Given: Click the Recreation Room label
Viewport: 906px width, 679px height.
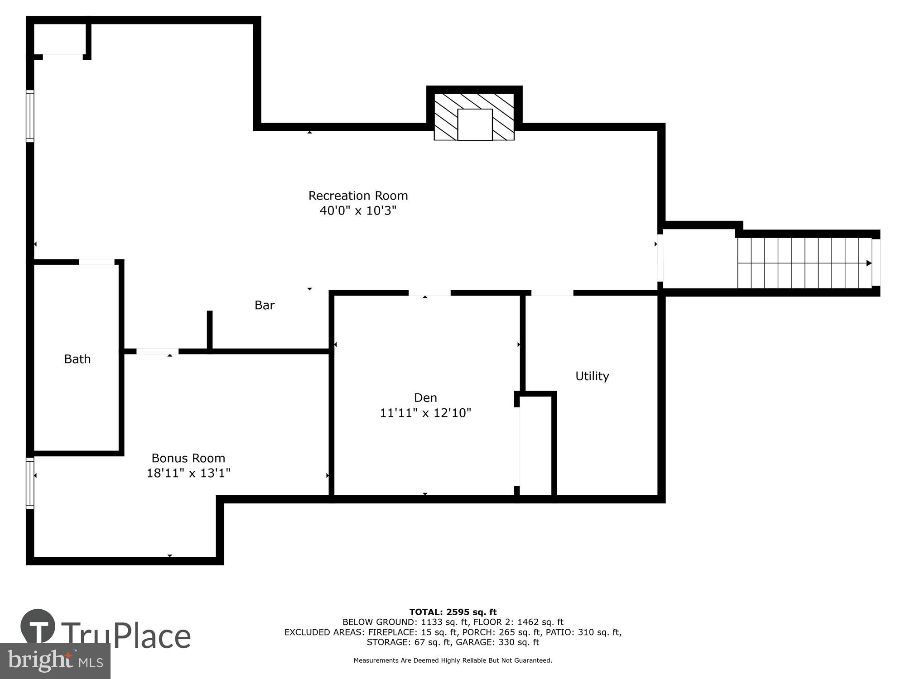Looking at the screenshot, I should pyautogui.click(x=358, y=196).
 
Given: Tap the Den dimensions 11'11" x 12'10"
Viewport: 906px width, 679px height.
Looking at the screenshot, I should pyautogui.click(x=425, y=413).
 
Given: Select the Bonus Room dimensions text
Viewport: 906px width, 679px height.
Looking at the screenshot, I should pyautogui.click(x=188, y=473).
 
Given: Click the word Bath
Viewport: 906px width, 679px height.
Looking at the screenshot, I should pyautogui.click(x=77, y=359).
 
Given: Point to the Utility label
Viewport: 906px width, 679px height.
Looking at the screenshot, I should pyautogui.click(x=592, y=376).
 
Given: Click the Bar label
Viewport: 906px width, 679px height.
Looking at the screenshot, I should pyautogui.click(x=265, y=305).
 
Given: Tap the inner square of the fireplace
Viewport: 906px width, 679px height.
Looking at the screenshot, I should pyautogui.click(x=475, y=124).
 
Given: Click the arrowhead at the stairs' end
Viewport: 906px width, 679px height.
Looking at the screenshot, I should pyautogui.click(x=868, y=263).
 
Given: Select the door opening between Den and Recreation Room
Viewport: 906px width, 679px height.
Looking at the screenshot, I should pyautogui.click(x=429, y=293).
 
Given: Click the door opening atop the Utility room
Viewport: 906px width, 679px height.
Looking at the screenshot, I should pyautogui.click(x=552, y=293).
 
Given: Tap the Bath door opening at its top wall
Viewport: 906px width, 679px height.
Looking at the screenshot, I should pyautogui.click(x=96, y=262).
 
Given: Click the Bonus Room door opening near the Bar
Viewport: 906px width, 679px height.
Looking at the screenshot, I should pyautogui.click(x=157, y=351).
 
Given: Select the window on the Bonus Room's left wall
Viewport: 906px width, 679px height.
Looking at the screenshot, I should pyautogui.click(x=30, y=483).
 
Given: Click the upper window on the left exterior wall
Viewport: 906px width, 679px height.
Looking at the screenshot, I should pyautogui.click(x=30, y=116).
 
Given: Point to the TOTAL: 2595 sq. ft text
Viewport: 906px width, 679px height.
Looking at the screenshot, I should pyautogui.click(x=453, y=612).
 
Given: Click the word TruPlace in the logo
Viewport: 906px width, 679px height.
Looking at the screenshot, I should pyautogui.click(x=125, y=636).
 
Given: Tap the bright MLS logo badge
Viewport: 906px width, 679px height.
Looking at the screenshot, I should pyautogui.click(x=55, y=661).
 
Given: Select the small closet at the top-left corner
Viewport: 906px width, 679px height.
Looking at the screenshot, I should pyautogui.click(x=60, y=39).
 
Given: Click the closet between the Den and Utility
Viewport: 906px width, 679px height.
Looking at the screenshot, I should pyautogui.click(x=536, y=446).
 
